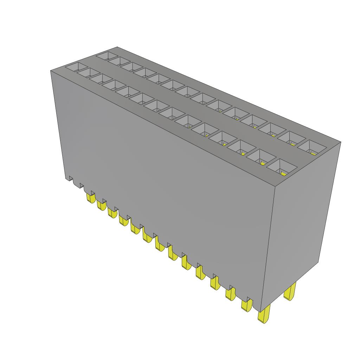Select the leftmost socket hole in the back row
coord(107,56)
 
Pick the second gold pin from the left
coord(101,205)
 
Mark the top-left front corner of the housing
coord(51,71)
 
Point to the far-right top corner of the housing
coord(341,142)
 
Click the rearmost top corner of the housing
coord(117,47)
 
